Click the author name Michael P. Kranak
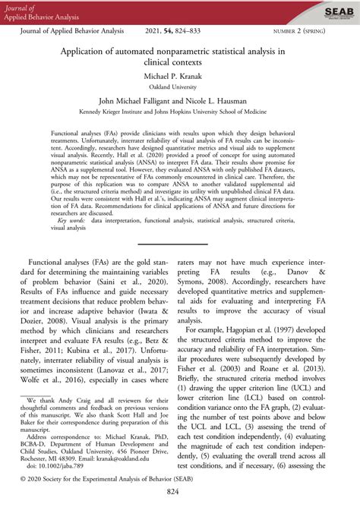(x=179, y=77)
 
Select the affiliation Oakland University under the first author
(x=179, y=87)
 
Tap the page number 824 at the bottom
(x=179, y=514)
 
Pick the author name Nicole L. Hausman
(x=227, y=100)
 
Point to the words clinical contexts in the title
(x=179, y=65)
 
